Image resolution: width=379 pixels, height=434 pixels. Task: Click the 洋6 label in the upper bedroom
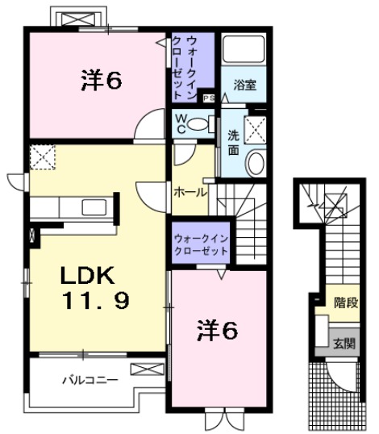pyautogui.click(x=101, y=80)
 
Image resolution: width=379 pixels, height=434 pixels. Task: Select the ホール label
pyautogui.click(x=190, y=193)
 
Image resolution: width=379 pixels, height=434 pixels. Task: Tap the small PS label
pyautogui.click(x=208, y=98)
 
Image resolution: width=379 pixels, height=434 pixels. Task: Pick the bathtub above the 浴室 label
pyautogui.click(x=244, y=51)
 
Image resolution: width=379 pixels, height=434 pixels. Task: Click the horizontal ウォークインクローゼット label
pyautogui.click(x=201, y=244)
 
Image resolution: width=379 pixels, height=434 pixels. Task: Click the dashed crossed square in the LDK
pyautogui.click(x=42, y=156)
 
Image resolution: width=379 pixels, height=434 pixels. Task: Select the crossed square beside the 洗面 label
pyautogui.click(x=257, y=128)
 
